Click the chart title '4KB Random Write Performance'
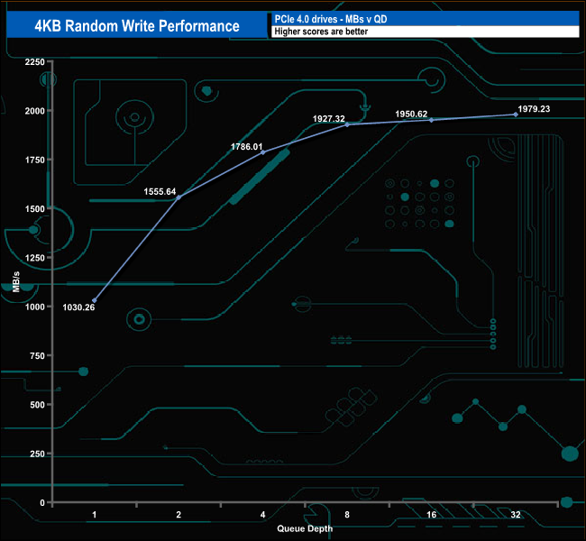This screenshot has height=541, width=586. point(137,25)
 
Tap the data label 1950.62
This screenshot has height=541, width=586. point(412,115)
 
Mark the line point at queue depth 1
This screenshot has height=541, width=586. point(95,300)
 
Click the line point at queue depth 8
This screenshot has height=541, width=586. point(348,124)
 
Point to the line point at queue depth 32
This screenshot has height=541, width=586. point(516,115)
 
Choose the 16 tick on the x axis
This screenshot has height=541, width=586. point(431,514)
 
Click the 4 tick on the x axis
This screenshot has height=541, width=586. point(262,514)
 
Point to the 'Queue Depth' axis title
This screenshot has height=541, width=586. point(305,528)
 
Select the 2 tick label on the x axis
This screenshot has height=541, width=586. point(179,514)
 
